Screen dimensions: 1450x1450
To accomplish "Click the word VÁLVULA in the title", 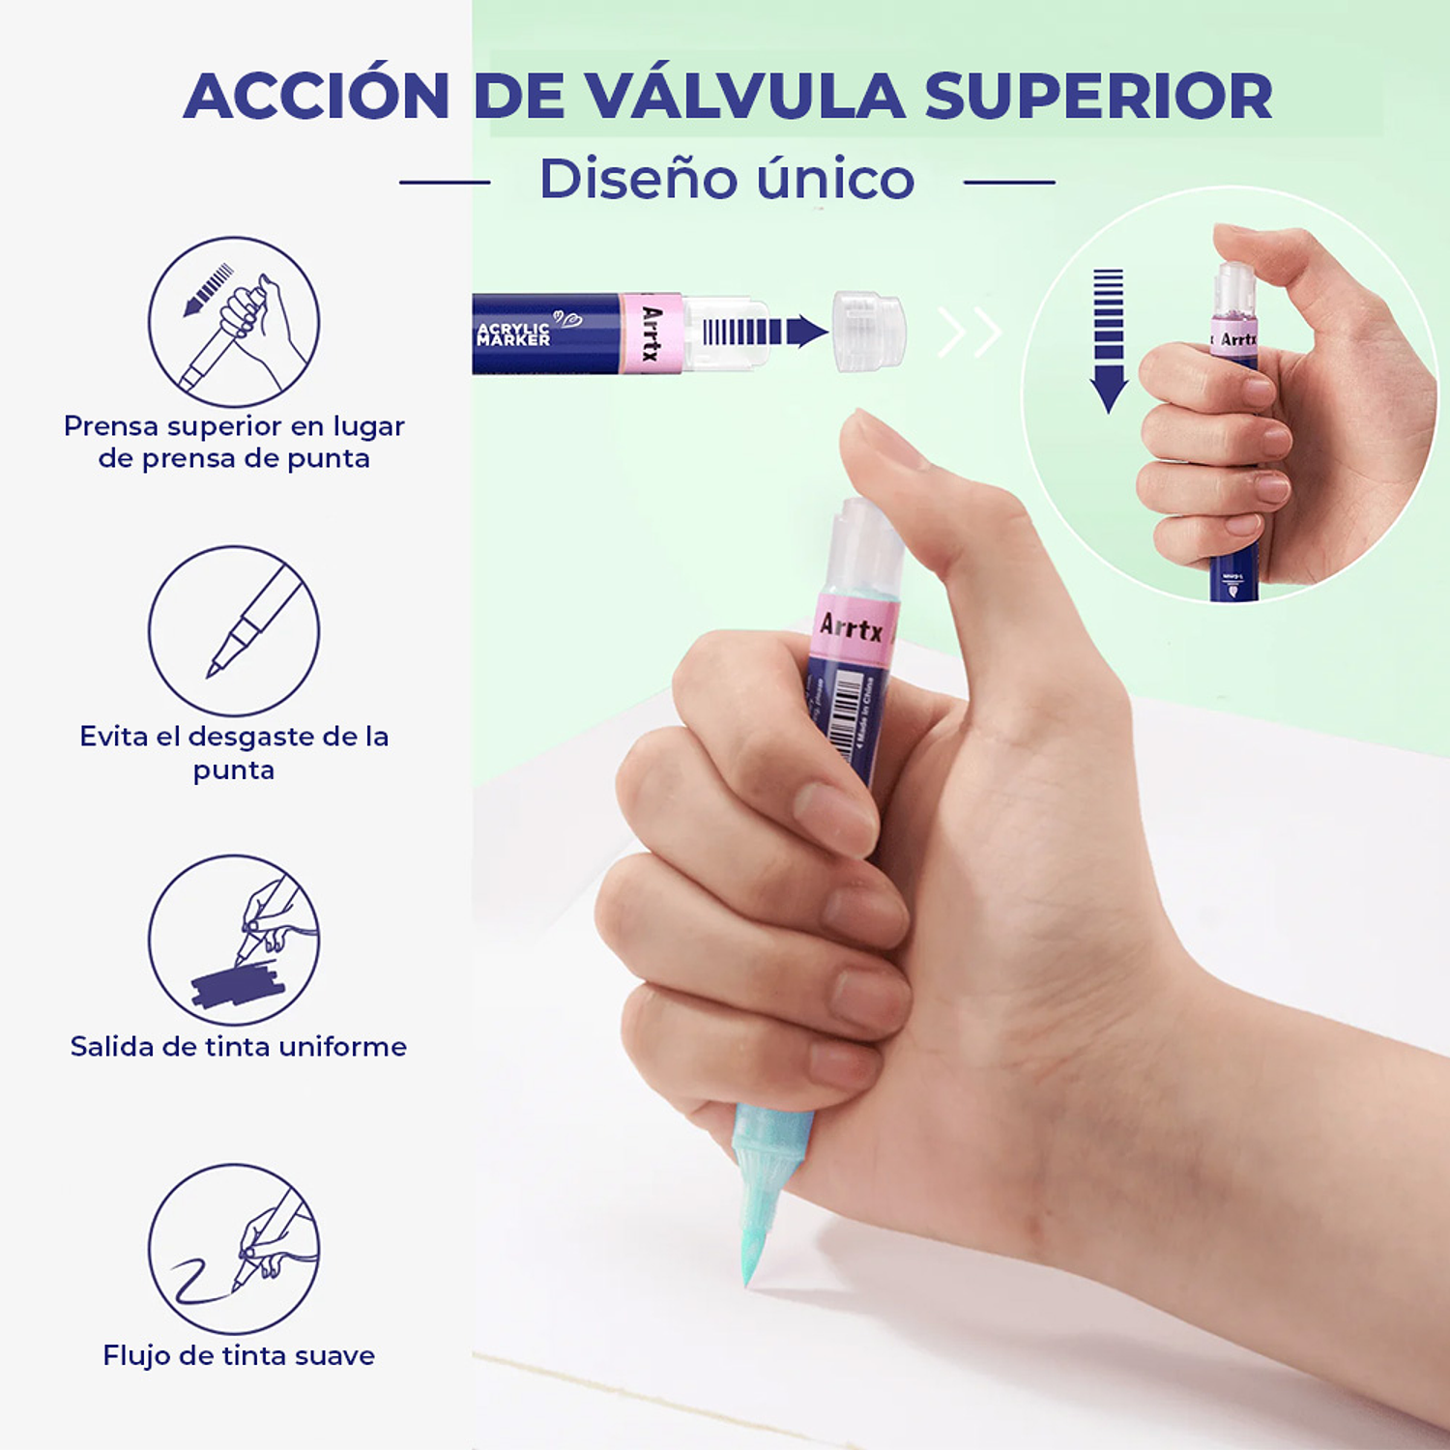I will click(744, 97).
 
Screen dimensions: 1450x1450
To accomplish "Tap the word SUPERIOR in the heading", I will click(1098, 97).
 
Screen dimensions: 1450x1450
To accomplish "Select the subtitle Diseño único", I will click(727, 180).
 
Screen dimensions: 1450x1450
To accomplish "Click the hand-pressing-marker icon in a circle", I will click(234, 322).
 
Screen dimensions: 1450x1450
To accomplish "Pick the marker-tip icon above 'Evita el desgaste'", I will click(234, 630).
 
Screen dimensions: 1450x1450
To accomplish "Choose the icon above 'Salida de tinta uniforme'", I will click(234, 940).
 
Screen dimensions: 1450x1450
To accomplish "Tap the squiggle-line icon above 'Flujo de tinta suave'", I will click(234, 1249).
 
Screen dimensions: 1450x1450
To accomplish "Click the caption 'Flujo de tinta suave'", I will click(239, 1355).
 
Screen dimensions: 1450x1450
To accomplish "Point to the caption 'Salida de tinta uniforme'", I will click(239, 1046).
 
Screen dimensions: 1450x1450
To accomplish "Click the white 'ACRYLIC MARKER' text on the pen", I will click(513, 334).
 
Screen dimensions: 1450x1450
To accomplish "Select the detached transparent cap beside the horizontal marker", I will click(869, 332).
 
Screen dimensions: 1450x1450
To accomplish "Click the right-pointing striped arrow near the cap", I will click(765, 332).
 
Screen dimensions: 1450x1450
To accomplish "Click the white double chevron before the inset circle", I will click(970, 333).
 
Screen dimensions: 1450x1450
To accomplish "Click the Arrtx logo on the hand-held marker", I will click(851, 628).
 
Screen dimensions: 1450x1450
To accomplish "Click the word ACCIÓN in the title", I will click(317, 97).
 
